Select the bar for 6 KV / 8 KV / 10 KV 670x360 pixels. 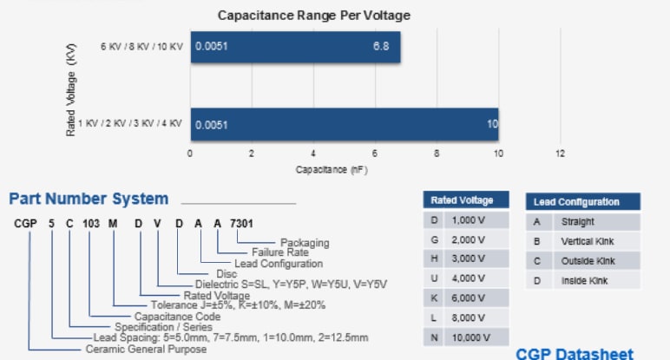[295, 47]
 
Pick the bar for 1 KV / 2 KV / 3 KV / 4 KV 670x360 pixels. [345, 124]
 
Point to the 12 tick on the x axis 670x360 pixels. [560, 154]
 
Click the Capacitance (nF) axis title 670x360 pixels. [332, 168]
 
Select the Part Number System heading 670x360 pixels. [89, 200]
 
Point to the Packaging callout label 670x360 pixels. [304, 242]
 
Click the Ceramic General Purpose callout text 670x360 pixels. [145, 349]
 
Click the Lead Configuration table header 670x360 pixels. [576, 202]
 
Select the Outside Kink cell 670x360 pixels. [588, 260]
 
